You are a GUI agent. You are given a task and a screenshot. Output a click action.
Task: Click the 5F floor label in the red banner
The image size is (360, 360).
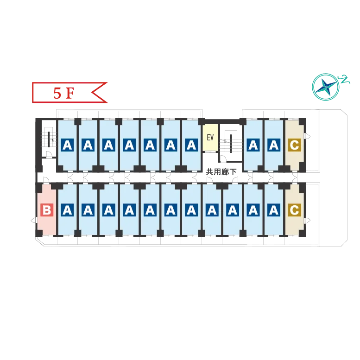coord(63,93)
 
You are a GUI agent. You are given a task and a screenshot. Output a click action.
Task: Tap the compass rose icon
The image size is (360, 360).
coord(326,87)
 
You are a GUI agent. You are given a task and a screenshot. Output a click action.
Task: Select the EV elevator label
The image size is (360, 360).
coord(210,137)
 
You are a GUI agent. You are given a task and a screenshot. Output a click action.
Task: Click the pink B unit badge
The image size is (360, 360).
coord(47,210)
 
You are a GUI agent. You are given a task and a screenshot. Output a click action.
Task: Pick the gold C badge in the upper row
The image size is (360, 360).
coord(295,145)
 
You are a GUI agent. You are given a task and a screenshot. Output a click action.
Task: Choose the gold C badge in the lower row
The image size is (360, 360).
coord(295,210)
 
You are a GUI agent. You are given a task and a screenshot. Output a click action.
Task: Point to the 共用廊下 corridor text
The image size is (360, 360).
coord(221,172)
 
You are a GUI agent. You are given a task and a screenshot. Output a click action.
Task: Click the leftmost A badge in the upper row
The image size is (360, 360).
coord(67,145)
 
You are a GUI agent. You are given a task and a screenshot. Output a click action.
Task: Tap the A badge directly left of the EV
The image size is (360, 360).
coord(191,145)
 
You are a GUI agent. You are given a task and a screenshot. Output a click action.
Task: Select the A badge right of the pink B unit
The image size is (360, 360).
coord(67,210)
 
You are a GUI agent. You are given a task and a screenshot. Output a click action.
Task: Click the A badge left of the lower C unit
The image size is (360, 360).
coord(274,210)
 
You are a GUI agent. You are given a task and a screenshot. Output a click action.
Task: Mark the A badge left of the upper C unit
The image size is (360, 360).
coord(274,145)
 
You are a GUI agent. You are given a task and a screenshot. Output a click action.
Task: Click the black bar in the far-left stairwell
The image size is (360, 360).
coord(49,139)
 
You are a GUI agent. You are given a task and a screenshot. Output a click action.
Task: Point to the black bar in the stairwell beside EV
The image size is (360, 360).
coord(231,144)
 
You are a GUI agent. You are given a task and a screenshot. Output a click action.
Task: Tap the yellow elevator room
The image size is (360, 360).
coord(210,138)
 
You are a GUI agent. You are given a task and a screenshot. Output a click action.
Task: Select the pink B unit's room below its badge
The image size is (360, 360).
coord(47,226)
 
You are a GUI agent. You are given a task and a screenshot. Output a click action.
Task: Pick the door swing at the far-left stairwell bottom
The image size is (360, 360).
coord(49,154)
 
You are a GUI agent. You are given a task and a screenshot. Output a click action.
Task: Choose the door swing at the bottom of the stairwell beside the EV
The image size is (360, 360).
coord(223,158)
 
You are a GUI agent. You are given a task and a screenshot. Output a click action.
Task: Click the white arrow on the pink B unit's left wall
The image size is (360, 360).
coord(34,221)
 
